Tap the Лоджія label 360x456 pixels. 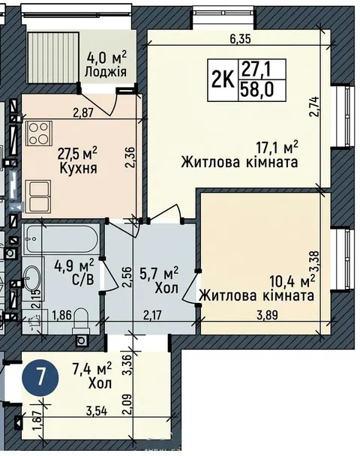tap(106, 71)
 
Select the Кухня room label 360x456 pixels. tap(78, 168)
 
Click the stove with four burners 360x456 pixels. tap(39, 133)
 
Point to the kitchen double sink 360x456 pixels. tap(38, 196)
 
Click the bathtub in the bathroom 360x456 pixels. tap(61, 240)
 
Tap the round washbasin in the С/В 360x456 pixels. tap(32, 277)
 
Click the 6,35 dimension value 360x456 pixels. tap(240, 39)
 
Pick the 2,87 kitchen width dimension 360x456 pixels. tap(83, 112)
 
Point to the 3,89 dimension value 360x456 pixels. tap(267, 315)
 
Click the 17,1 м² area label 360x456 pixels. tap(277, 148)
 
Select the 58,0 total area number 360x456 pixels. tap(256, 90)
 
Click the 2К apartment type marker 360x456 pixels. tap(223, 79)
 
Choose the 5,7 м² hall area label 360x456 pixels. tap(159, 274)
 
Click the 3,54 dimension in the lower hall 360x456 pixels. tap(97, 411)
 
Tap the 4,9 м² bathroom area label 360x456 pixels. tap(75, 265)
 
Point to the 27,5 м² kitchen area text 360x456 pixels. tap(77, 153)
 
